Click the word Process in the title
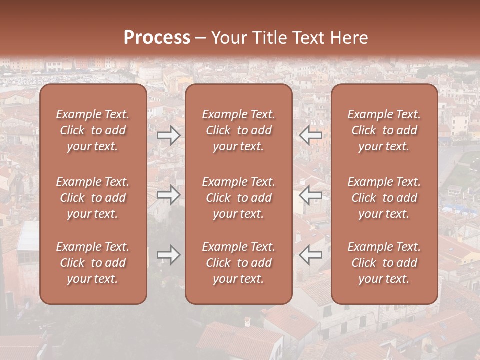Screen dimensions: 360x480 [157, 38]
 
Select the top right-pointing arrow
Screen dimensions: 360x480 [169, 135]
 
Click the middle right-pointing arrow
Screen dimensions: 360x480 [169, 195]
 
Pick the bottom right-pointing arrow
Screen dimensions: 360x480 [169, 255]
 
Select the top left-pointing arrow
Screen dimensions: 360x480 [311, 135]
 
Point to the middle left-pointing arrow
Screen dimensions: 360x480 [311, 195]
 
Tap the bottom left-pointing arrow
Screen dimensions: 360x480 [311, 255]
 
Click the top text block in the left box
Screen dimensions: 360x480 [93, 130]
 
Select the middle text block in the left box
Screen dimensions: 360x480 [93, 198]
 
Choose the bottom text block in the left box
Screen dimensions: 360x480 [93, 263]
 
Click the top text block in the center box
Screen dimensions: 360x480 [238, 130]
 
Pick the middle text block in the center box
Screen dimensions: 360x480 [238, 198]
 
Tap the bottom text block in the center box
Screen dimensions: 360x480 [238, 263]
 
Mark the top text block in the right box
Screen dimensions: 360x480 [384, 130]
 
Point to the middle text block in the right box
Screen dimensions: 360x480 [384, 198]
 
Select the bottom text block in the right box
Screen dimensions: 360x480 [384, 263]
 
